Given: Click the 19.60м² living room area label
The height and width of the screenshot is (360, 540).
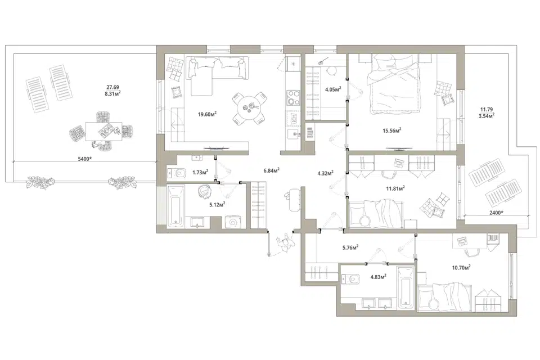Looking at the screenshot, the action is point(207,114).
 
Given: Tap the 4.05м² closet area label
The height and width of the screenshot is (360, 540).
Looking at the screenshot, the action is point(333,89).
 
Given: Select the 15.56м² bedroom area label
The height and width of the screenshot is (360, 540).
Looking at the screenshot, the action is point(392,130).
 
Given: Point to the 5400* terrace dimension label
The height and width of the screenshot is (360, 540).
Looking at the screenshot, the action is point(85,159).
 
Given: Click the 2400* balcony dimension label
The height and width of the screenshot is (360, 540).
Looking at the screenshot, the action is point(496,213).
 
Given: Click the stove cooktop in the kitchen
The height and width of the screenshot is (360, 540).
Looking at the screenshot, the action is point(292,97).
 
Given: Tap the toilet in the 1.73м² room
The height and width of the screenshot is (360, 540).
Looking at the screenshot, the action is point(176,172).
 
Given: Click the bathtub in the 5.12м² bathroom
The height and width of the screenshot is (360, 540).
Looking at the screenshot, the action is point(175,206).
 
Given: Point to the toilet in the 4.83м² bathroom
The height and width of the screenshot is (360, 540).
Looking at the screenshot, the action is point(350,278).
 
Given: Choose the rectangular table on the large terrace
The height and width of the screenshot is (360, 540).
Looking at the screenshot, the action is point(104,131).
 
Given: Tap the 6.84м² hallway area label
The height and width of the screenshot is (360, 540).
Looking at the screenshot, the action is point(271,170).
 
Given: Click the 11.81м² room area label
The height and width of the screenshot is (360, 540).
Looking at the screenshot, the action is point(395,188).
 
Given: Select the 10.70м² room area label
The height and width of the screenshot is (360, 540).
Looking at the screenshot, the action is point(461,267).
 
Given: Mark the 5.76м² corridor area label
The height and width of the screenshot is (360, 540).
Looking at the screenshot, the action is point(350,247).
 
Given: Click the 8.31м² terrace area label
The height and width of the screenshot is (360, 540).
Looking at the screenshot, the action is point(112,93).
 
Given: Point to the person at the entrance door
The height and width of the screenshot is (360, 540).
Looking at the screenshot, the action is point(286,243).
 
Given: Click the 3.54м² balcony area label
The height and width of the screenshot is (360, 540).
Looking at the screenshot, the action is point(486,116).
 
